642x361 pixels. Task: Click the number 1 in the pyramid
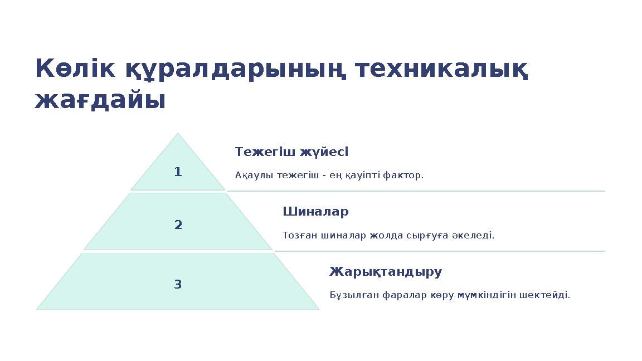[178, 172]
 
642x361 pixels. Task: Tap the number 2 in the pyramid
[178, 225]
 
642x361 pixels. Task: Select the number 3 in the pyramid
[178, 285]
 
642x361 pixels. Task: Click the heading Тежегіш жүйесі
[291, 152]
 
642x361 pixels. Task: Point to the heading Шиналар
[315, 212]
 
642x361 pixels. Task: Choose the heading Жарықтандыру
[386, 272]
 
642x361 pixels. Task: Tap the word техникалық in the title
[441, 69]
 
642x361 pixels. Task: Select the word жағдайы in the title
[100, 101]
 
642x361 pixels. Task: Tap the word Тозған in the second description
[300, 236]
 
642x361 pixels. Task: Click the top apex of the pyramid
[178, 134]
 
